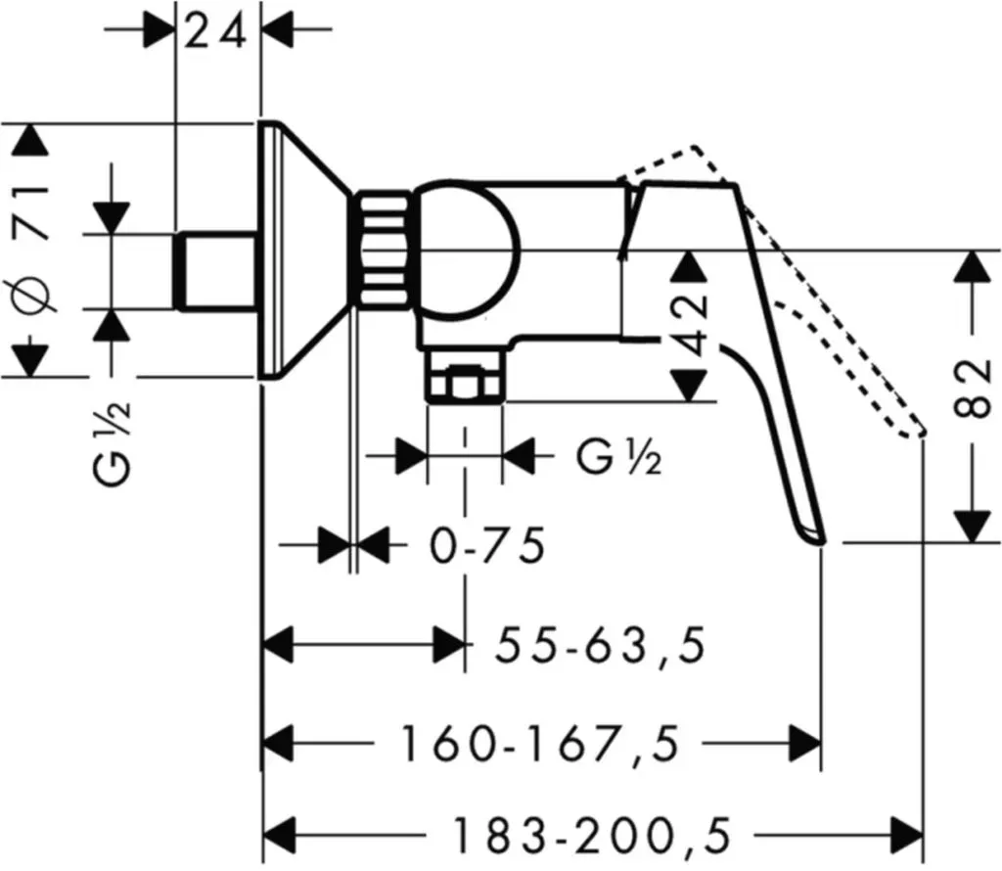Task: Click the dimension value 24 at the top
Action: [x=215, y=32]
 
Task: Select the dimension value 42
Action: [x=691, y=326]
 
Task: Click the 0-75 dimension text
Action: [x=487, y=546]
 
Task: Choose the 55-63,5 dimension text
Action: [x=601, y=646]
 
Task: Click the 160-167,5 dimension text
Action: [x=538, y=743]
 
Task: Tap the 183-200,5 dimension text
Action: [x=591, y=835]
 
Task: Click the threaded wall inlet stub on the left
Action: [x=215, y=272]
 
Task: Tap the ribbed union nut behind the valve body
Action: [x=384, y=250]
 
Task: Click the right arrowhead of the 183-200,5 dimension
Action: [x=908, y=835]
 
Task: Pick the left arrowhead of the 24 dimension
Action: [x=159, y=29]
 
